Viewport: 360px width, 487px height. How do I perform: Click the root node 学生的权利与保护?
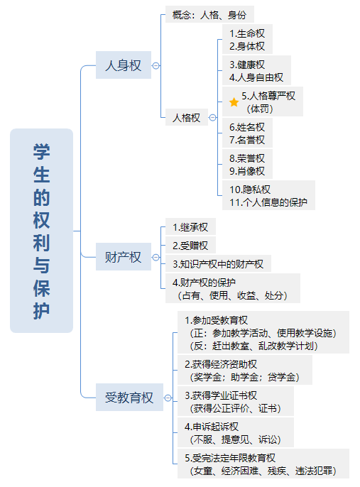click(x=42, y=231)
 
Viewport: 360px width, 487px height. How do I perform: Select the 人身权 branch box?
click(x=124, y=65)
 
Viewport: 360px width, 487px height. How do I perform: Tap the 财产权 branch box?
click(x=124, y=257)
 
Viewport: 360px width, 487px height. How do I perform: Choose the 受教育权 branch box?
click(x=129, y=398)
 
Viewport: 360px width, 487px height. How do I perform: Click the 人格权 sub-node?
click(x=186, y=117)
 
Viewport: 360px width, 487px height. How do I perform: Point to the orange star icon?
click(x=234, y=102)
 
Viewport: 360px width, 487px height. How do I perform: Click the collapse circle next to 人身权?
click(x=156, y=65)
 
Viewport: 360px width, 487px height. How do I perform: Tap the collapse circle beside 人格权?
click(x=213, y=117)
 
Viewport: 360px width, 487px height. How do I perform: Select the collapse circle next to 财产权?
click(x=156, y=257)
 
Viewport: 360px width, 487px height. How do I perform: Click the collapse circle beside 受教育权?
click(x=168, y=398)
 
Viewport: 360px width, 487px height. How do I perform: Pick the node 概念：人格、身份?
click(x=209, y=15)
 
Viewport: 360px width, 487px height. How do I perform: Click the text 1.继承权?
click(x=190, y=227)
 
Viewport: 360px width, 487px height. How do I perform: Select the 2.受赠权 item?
click(x=190, y=246)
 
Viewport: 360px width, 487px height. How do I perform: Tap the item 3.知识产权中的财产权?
click(x=218, y=263)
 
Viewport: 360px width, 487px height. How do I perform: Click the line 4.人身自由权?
click(x=256, y=77)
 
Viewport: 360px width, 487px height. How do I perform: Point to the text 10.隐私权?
click(x=250, y=189)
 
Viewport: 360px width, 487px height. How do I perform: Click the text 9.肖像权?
click(x=247, y=171)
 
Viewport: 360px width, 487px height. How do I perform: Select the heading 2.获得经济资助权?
click(x=221, y=364)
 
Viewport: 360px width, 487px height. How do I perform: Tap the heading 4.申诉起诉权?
click(x=212, y=427)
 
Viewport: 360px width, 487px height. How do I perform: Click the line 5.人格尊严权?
click(x=268, y=96)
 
